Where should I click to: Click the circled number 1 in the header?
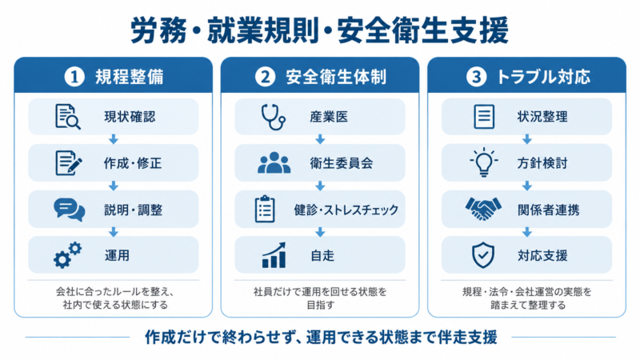coord(74,77)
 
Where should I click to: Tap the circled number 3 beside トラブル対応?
coord(476,77)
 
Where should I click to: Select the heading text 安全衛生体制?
coord(336,77)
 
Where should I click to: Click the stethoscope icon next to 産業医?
coord(273,117)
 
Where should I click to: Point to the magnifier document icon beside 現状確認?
coord(67,117)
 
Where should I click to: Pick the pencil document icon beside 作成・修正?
coord(68,163)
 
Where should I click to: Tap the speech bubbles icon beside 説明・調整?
coord(70,210)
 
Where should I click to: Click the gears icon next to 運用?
coord(67,255)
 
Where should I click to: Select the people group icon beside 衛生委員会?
coord(274,162)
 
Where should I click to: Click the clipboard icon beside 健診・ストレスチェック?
coord(265,209)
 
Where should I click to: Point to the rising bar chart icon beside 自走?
coord(274,255)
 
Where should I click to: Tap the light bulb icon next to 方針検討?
coord(484,162)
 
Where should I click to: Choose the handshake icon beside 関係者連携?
coord(483,209)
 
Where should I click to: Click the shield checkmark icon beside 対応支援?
coord(483,255)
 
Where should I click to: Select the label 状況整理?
coord(542,117)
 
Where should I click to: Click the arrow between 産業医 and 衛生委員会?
coord(320,139)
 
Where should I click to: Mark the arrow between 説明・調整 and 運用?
coord(114,232)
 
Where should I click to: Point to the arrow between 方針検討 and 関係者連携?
coord(527,186)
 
